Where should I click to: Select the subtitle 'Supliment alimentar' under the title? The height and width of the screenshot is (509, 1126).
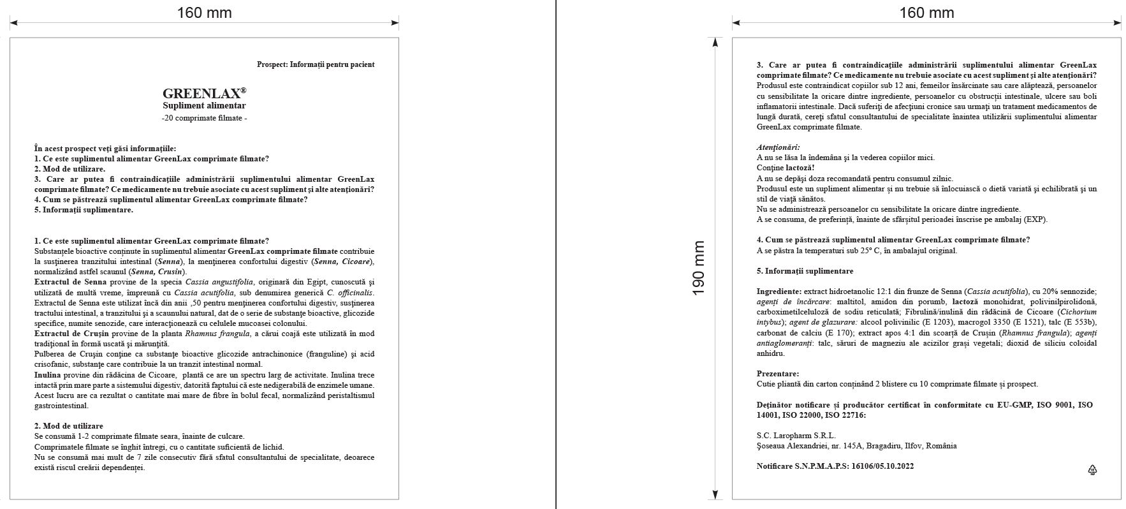point(204,106)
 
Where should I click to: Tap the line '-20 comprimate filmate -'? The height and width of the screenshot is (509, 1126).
point(204,119)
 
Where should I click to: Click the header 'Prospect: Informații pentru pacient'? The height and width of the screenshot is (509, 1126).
point(316,64)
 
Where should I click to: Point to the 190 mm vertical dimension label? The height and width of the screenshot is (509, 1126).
point(699,269)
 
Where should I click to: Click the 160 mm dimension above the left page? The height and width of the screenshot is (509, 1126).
point(204,13)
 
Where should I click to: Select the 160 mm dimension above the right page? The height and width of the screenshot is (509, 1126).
point(926,13)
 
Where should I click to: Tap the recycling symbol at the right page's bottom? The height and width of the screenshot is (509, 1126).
point(1092,470)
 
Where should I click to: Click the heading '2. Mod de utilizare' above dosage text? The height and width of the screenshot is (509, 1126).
point(68,426)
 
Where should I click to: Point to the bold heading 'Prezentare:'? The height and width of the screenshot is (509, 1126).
point(777,374)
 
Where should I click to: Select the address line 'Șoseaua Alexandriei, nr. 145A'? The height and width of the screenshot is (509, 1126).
point(811,446)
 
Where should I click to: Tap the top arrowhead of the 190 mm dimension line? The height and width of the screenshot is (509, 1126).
point(715,41)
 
